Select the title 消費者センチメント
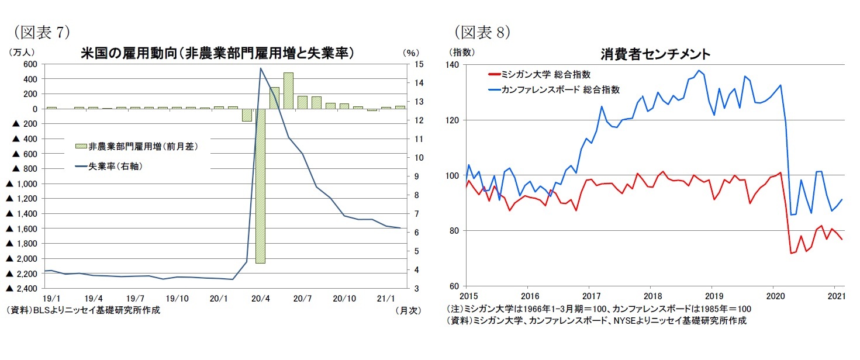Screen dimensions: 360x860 click(655, 54)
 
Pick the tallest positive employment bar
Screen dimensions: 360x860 click(288, 91)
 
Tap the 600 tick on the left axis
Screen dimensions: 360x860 click(30, 64)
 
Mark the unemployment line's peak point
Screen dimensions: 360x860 click(260, 68)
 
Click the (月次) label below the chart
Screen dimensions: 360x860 click(408, 310)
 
